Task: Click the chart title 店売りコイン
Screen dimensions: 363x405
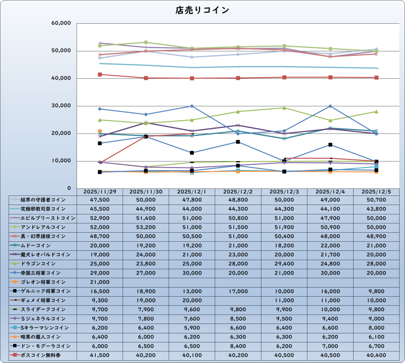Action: click(202, 10)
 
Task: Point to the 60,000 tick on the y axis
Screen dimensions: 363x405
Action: click(61, 23)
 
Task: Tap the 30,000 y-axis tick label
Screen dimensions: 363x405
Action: click(61, 106)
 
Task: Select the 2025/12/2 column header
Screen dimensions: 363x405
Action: click(238, 192)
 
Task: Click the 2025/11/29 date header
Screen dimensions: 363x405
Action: click(100, 192)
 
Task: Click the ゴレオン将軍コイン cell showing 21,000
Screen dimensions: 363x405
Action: click(100, 282)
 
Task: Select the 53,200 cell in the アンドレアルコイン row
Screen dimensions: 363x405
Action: click(146, 227)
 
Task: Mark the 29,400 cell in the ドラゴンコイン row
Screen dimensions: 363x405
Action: click(284, 263)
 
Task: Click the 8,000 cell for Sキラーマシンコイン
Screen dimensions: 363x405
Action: click(376, 327)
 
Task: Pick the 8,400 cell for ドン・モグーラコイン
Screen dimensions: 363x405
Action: click(238, 346)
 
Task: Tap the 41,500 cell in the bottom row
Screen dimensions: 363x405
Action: click(100, 355)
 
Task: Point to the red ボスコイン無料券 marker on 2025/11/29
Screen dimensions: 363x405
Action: click(100, 75)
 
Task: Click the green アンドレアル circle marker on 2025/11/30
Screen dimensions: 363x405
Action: click(146, 42)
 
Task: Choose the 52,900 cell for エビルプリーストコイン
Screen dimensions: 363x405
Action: click(100, 218)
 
